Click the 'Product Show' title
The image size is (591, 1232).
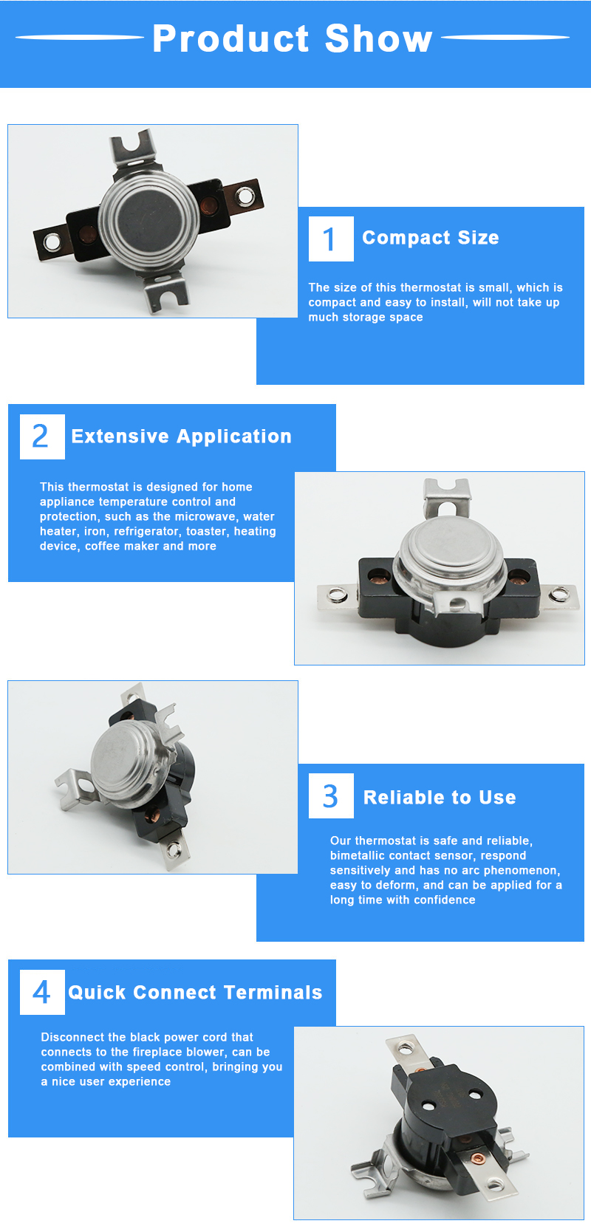[x=293, y=38]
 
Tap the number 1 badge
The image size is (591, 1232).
[x=331, y=239]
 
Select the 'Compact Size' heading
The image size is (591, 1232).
[x=430, y=238]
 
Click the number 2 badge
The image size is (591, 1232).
[x=42, y=437]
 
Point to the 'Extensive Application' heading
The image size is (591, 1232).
[x=182, y=437]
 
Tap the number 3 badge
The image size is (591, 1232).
[x=331, y=795]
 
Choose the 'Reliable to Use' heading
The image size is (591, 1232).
[x=440, y=798]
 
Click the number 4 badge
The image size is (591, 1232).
[x=42, y=992]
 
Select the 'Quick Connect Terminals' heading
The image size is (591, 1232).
[x=195, y=992]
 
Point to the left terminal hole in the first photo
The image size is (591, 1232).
[x=52, y=242]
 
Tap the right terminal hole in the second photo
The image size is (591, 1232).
[x=559, y=593]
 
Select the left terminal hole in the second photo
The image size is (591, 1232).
[x=335, y=595]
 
